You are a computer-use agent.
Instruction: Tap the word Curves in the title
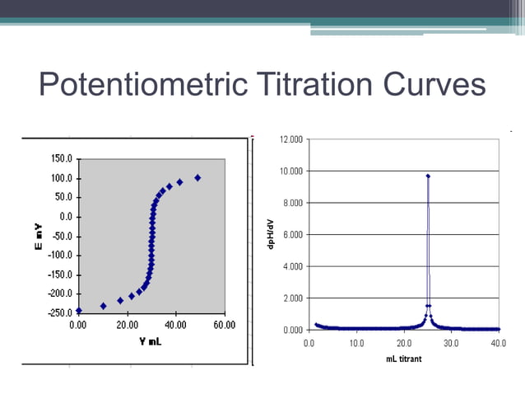pos(434,86)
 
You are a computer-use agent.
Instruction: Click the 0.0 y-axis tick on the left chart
pos(65,216)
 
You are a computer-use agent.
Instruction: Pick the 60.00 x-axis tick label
pos(224,325)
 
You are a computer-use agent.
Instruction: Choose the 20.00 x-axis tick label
pos(128,325)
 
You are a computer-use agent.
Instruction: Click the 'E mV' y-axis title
pos(39,235)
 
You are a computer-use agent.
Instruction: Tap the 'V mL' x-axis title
pos(150,340)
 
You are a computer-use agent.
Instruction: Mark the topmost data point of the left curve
pos(197,177)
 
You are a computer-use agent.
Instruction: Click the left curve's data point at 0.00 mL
pos(79,311)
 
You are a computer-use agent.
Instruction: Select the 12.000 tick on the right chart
pos(291,139)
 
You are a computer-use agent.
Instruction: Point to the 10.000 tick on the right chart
pos(291,171)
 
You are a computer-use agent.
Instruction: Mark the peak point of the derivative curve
pos(428,176)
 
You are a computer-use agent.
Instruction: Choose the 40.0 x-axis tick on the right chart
pos(498,341)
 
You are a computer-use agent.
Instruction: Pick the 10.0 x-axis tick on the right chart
pos(357,341)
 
